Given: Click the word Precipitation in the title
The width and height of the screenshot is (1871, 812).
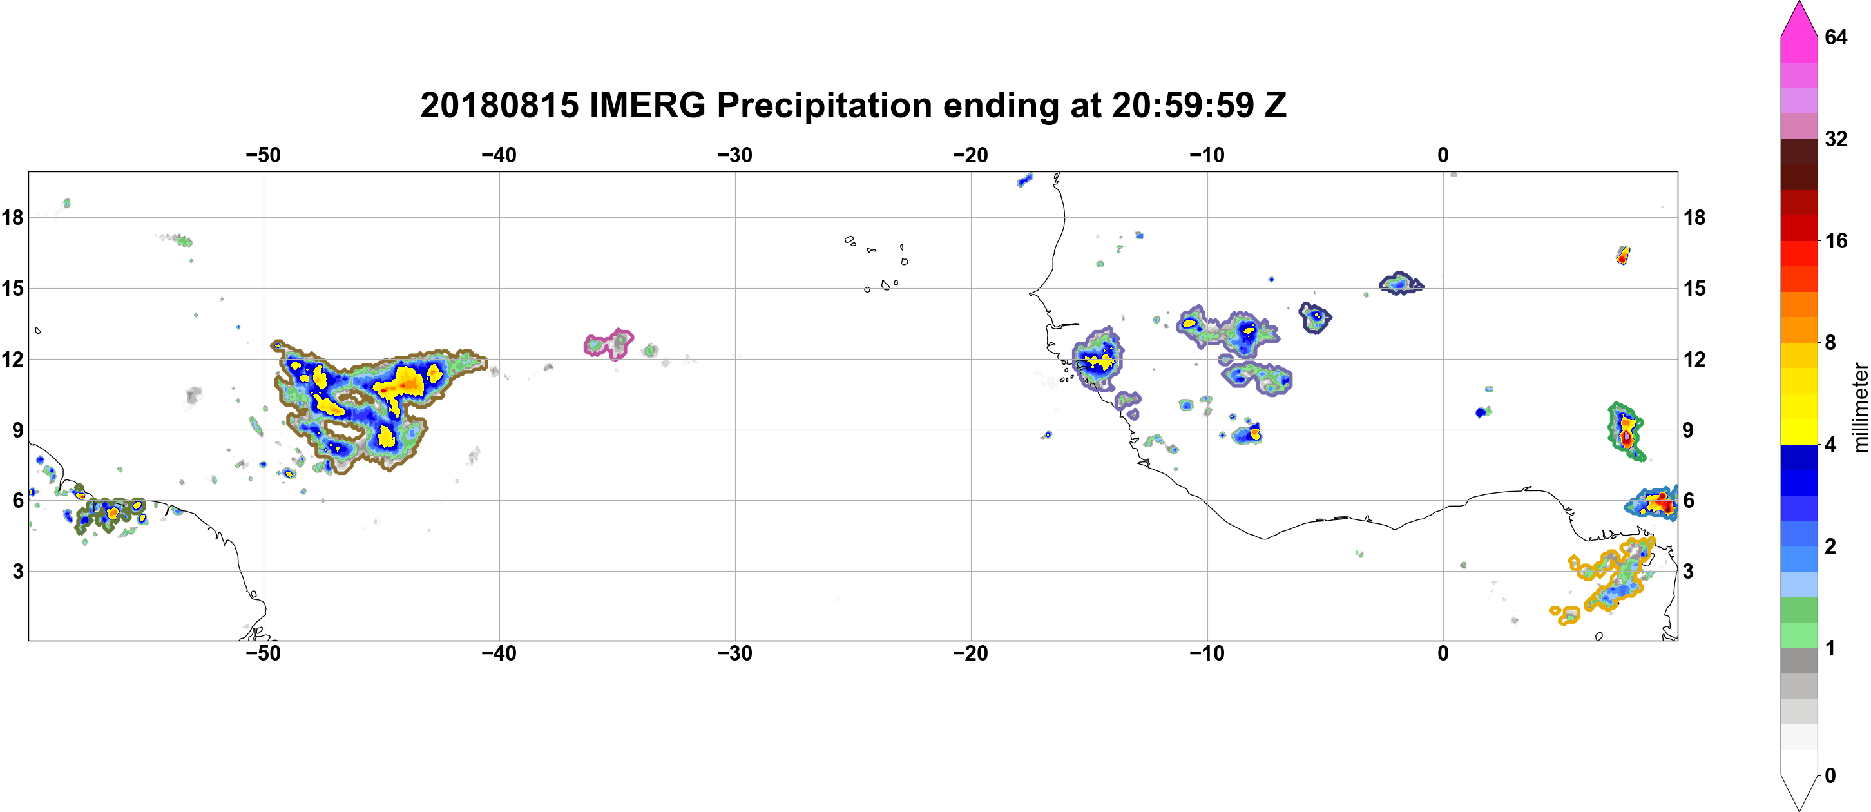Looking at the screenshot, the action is (825, 106).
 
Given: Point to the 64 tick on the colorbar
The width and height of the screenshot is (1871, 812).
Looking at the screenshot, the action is (1836, 37).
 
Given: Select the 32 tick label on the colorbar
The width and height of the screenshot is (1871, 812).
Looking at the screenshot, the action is (1836, 139).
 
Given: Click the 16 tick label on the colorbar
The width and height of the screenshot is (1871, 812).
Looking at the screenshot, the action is (1836, 240).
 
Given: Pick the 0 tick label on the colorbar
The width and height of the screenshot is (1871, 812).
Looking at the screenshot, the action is (1830, 776).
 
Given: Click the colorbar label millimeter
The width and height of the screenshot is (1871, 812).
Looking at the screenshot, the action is (1860, 407).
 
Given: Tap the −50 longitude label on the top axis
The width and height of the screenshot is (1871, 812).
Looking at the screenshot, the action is (263, 155).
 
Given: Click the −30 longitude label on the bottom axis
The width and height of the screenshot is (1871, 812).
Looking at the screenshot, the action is (735, 653).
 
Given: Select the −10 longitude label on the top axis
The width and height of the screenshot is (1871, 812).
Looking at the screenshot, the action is (1207, 155).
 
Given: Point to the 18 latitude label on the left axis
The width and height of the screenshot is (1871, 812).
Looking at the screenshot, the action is (12, 217).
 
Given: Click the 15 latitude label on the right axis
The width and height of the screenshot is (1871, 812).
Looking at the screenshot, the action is (1694, 288).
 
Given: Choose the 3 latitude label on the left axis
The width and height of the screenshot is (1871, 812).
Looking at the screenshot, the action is (18, 571).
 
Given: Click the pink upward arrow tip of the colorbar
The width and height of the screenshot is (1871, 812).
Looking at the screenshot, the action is (1799, 4).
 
